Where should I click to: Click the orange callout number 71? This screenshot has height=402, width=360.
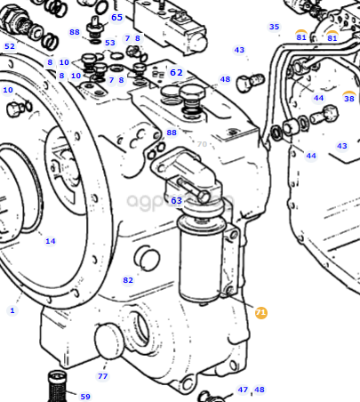pyautogui.click(x=260, y=312)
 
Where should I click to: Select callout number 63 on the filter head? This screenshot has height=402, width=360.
pyautogui.click(x=176, y=201)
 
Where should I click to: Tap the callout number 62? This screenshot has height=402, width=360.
pyautogui.click(x=176, y=72)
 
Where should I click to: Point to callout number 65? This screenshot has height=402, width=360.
pyautogui.click(x=116, y=18)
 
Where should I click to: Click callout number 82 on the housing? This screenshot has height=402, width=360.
pyautogui.click(x=128, y=280)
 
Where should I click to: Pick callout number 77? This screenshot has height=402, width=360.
pyautogui.click(x=102, y=376)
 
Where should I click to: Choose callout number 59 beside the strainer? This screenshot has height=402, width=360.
pyautogui.click(x=85, y=397)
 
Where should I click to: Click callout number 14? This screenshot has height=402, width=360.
pyautogui.click(x=51, y=241)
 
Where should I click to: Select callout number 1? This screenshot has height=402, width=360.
pyautogui.click(x=12, y=310)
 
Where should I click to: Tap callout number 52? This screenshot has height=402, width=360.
pyautogui.click(x=10, y=46)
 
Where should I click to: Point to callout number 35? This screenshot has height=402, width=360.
pyautogui.click(x=274, y=27)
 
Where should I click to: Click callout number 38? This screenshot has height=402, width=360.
pyautogui.click(x=349, y=98)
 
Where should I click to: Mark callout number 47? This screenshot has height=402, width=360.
pyautogui.click(x=243, y=390)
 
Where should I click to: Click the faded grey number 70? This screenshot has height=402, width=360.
pyautogui.click(x=202, y=144)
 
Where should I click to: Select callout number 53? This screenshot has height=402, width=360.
pyautogui.click(x=110, y=43)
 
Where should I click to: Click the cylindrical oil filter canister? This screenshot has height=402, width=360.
pyautogui.click(x=201, y=257)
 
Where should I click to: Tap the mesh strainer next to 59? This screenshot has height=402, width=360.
pyautogui.click(x=57, y=386)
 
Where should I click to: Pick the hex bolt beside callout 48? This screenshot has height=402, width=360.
pyautogui.click(x=250, y=82)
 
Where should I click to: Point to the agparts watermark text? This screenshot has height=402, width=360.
pyautogui.click(x=180, y=201)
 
